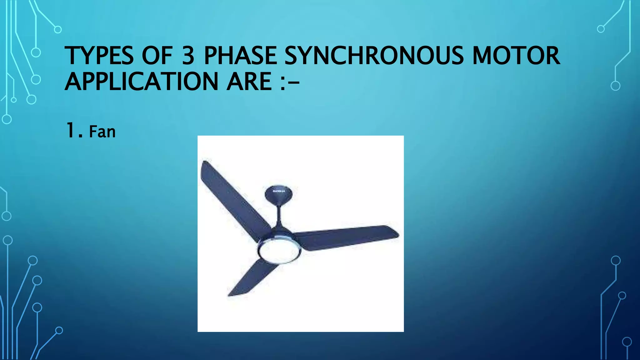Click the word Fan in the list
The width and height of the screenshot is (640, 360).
[102, 132]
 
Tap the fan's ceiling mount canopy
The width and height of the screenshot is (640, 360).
[279, 194]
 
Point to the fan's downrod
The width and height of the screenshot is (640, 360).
[279, 216]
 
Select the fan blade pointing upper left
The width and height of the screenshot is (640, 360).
[231, 197]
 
